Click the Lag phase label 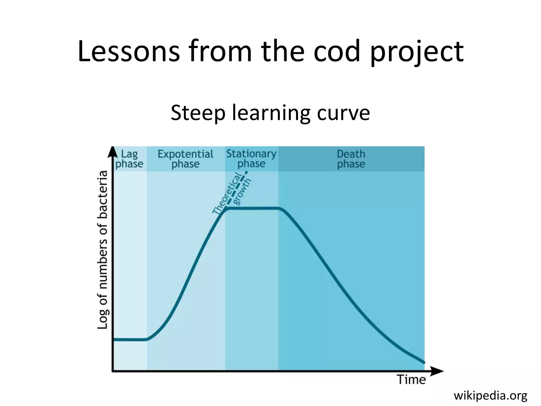tap(129, 159)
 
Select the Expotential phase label tap(185, 159)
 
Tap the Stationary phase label tap(251, 159)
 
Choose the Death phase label tap(351, 159)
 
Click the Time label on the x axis tap(412, 380)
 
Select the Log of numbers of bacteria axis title tap(103, 250)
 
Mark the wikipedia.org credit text tap(490, 396)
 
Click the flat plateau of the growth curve tap(252, 208)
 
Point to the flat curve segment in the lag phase tap(129, 339)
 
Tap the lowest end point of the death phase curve tap(424, 362)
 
